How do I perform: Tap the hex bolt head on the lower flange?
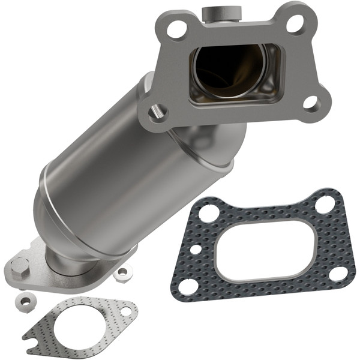point(20,264)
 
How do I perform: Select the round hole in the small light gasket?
point(127,311)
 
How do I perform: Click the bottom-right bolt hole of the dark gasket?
point(338,273)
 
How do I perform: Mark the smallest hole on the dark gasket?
point(196,248)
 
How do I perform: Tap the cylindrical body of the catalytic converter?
point(102,174)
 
